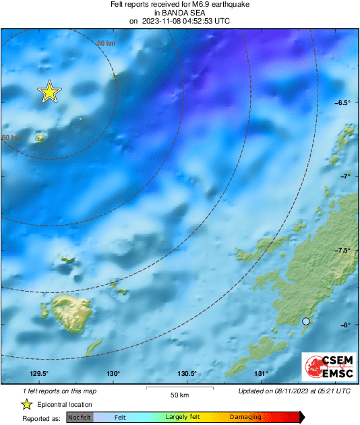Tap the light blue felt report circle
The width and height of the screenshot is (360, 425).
pos(306,322)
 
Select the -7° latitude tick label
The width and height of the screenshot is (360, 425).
pos(346,176)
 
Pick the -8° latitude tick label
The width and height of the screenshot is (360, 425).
pos(346,325)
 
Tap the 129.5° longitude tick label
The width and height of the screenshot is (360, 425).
pos(39,374)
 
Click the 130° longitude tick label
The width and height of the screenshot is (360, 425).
pos(113,374)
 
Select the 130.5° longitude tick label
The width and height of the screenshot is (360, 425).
pos(187,374)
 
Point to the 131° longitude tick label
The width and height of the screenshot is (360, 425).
pos(261,374)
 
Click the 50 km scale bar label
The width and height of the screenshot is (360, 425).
pos(179,394)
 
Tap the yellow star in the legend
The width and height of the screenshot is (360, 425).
pos(26,404)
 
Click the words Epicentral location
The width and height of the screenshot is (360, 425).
pos(65,405)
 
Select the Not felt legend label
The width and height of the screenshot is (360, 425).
pos(80,418)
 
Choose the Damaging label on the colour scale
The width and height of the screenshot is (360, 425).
pos(245,418)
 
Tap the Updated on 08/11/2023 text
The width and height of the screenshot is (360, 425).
pos(294,391)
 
